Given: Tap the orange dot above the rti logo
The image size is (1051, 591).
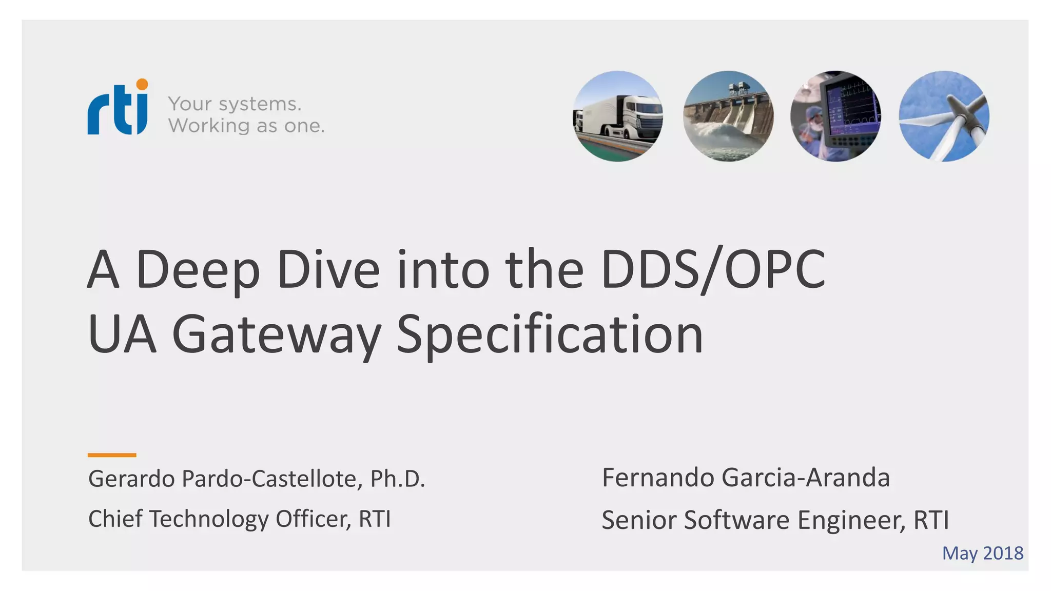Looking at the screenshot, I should click(x=142, y=84).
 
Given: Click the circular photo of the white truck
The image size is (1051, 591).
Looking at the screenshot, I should click(x=617, y=116).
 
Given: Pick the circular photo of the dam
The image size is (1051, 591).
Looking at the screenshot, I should click(x=728, y=116).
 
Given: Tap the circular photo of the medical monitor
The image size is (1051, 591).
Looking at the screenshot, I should click(x=835, y=116).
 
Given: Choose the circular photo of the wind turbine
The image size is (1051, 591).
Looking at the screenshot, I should click(x=944, y=116).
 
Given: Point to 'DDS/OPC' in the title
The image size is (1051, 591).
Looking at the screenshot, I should click(x=713, y=270).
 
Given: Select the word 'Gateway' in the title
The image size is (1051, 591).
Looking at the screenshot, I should click(x=276, y=335).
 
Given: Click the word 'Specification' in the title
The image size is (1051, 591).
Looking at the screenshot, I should click(x=550, y=335).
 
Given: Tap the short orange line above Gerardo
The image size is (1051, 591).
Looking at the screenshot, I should click(x=112, y=455).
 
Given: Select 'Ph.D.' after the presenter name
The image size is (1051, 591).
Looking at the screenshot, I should click(x=398, y=479).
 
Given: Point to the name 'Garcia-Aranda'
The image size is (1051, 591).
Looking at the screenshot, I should click(x=805, y=478).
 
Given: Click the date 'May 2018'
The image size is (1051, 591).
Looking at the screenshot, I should click(x=982, y=553).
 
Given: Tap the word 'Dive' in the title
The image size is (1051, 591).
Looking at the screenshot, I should click(x=328, y=270).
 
